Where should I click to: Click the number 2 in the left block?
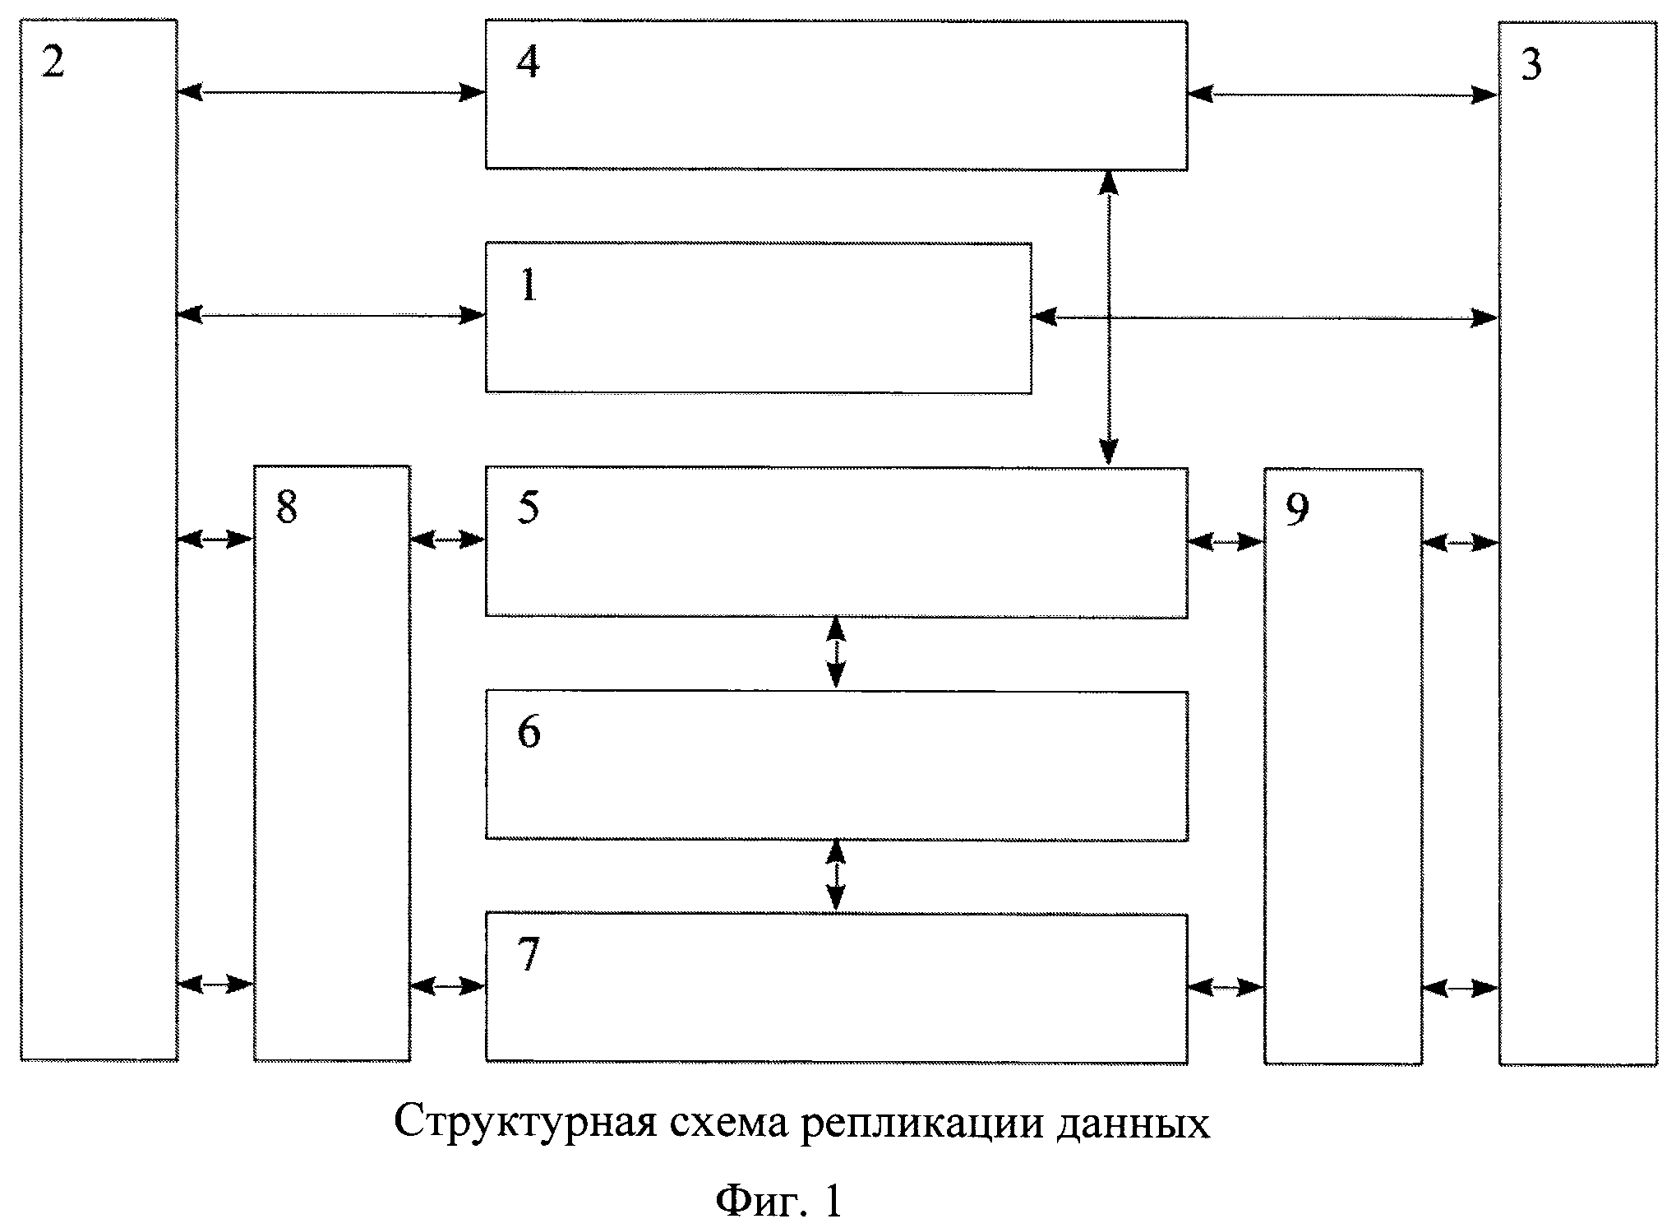[53, 62]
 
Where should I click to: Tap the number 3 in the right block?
[1531, 64]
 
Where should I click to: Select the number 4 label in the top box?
[528, 62]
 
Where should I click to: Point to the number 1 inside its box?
[529, 285]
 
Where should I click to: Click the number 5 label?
[529, 507]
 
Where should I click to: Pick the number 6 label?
[529, 731]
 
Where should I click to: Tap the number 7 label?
[529, 954]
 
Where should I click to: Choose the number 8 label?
[286, 507]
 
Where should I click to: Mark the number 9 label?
[1296, 510]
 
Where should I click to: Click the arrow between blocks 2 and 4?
[331, 92]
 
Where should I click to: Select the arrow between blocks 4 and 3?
[1342, 95]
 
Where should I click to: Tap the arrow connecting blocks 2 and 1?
[331, 314]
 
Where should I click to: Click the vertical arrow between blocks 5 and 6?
[835, 653]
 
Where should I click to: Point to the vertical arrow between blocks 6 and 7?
[836, 876]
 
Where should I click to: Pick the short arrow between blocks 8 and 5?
[447, 540]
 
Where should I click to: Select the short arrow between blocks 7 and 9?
[1225, 987]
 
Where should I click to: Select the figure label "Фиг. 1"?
[778, 1202]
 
